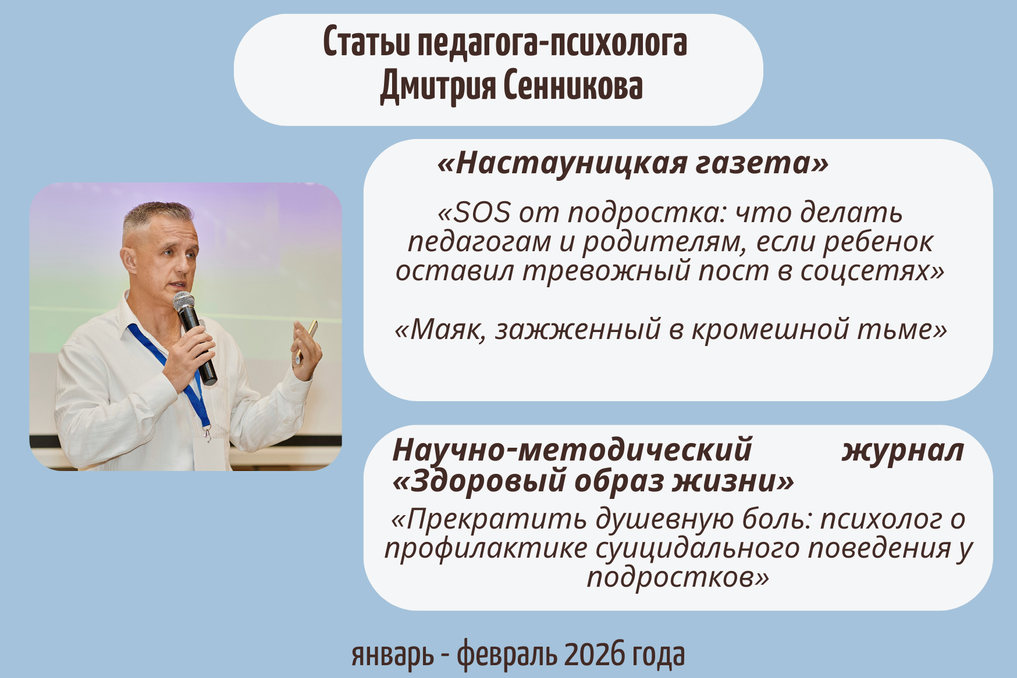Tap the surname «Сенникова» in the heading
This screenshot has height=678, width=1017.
(x=573, y=86)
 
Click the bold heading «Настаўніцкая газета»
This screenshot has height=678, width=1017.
(x=633, y=163)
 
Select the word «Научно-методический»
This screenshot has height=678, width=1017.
(x=572, y=450)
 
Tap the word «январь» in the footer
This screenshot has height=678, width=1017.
(x=393, y=656)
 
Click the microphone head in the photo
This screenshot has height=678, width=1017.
(x=184, y=301)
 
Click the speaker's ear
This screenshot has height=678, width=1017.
(x=129, y=261)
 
